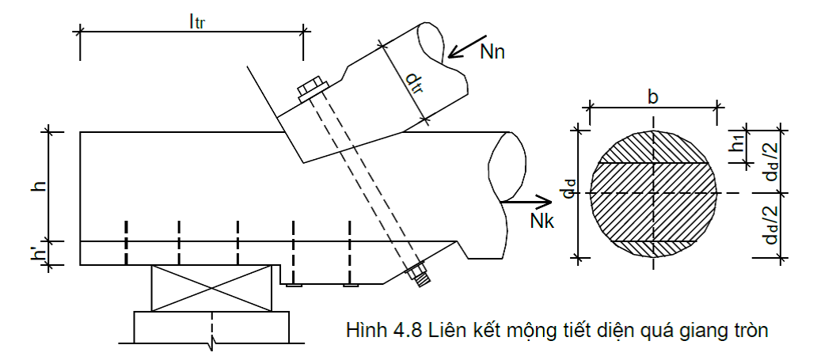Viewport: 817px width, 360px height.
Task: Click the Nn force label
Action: (492, 53)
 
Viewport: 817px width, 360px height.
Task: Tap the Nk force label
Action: (541, 222)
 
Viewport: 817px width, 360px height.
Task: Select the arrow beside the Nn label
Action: (467, 47)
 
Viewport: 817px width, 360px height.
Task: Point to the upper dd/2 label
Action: (770, 161)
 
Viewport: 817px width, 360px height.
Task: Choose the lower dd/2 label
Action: (770, 225)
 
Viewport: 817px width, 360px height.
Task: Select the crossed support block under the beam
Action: (211, 288)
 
